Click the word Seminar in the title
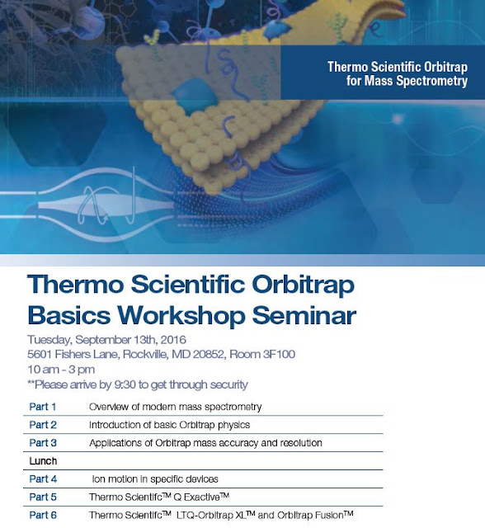(304, 315)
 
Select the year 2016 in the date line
(173, 339)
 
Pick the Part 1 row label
(43, 407)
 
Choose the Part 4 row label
(43, 478)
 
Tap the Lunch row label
(43, 461)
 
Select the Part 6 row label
(43, 515)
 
